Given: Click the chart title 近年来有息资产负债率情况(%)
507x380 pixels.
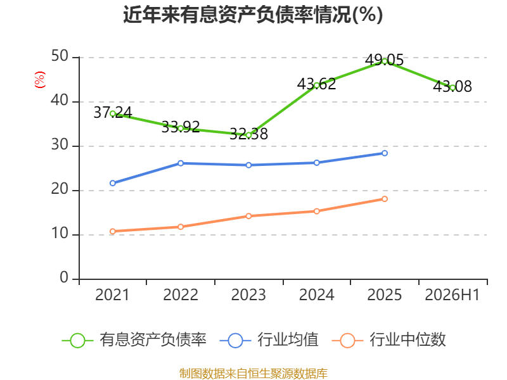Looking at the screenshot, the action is pos(253,15).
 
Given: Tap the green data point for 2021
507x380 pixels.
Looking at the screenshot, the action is pos(113,114).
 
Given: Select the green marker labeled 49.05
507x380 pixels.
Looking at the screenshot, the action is pos(385,61).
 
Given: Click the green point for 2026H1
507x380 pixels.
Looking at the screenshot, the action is pos(452,88).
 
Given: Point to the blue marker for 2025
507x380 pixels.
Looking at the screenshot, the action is pos(385,153).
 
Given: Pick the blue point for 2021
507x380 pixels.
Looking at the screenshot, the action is pos(113,183).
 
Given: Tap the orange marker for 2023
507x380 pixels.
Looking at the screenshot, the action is pos(248,216).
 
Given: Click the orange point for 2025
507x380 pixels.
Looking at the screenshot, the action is pos(385,199).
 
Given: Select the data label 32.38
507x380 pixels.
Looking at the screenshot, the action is pos(248,134).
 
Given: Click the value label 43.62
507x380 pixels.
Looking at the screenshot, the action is pos(316,84).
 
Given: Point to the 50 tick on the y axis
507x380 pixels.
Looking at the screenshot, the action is pos(60,56).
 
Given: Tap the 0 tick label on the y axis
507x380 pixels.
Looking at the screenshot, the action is pos(65,277).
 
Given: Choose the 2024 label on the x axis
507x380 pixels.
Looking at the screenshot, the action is pos(316,294).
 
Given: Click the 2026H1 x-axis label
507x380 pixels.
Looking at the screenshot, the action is pos(452,294).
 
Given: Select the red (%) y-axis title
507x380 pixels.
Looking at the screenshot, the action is pos(40,80).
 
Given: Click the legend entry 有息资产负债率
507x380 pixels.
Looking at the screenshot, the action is pos(134,340).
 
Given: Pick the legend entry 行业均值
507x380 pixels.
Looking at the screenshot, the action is pos(269,340).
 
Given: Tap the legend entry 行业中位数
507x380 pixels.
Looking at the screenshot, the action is pos(389,340).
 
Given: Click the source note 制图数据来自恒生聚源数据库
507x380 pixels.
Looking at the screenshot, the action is pos(253,374).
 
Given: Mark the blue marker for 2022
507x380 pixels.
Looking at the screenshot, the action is pos(181,163).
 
